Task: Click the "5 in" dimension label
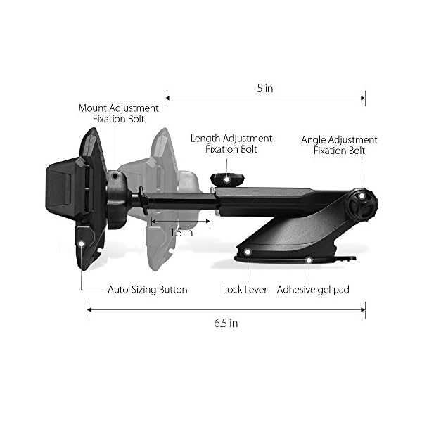point(265,89)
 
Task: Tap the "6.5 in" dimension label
point(226,323)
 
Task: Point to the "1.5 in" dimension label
point(181,233)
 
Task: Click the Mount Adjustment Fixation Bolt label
point(118,113)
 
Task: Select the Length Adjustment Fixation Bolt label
point(231,143)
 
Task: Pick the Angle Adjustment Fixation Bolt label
point(340,145)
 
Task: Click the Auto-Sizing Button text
point(148,290)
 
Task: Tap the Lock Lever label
point(245,290)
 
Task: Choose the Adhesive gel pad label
point(313,290)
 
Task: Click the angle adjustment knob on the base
point(362,205)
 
